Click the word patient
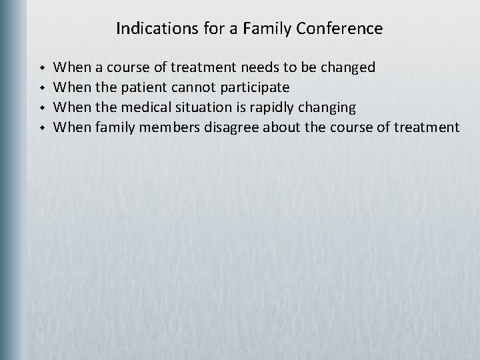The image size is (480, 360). pos(144,87)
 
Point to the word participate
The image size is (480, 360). pos(256,87)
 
